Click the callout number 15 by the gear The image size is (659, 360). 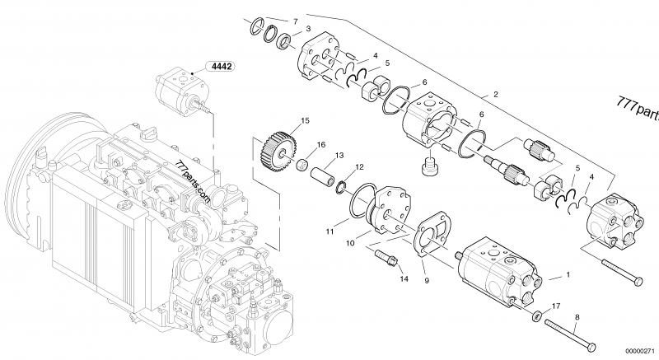(305, 121)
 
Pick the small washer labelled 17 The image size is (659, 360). (536, 316)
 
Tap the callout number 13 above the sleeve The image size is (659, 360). (338, 155)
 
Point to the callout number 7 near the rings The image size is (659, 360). (296, 19)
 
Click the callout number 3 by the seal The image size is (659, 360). (307, 29)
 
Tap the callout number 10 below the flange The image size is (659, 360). (349, 242)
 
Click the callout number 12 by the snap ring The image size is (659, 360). (358, 167)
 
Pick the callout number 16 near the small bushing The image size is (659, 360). (322, 144)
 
